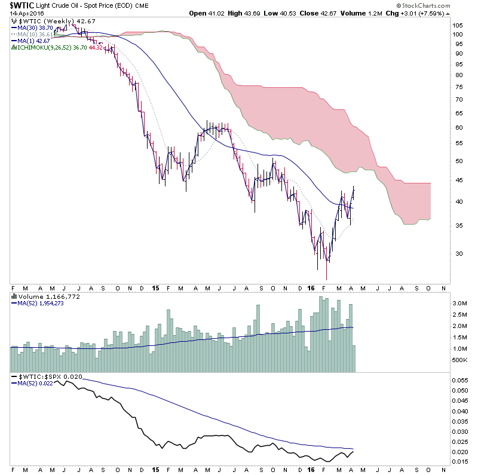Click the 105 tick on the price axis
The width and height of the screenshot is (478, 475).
(458, 26)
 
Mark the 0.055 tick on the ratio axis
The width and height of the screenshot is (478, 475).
(460, 380)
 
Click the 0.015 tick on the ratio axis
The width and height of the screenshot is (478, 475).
(460, 462)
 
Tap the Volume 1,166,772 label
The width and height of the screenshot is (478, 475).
(44, 297)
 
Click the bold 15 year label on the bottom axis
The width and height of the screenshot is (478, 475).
(155, 468)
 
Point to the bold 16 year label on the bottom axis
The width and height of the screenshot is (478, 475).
(311, 468)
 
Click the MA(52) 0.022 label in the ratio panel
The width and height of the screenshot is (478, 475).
(33, 383)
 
